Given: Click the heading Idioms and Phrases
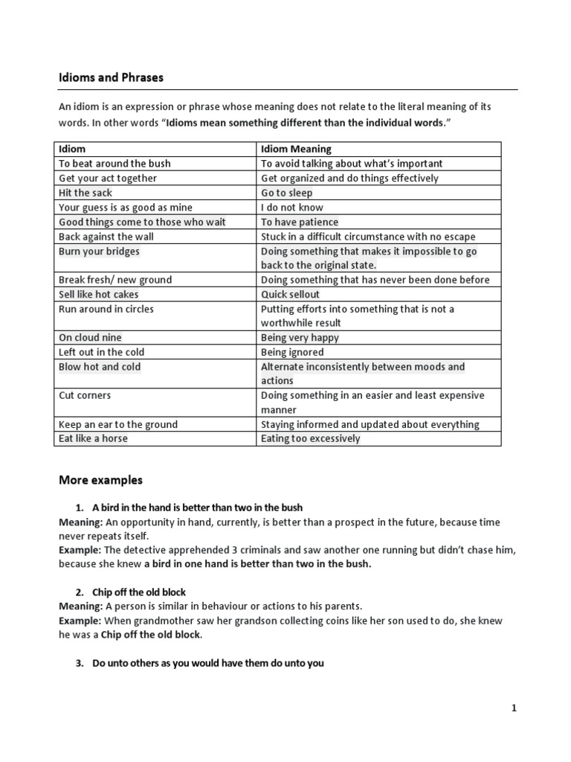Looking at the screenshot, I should coord(111,77).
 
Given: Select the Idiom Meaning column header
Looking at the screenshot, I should coord(296,149).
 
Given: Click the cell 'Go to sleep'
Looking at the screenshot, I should coord(287,193).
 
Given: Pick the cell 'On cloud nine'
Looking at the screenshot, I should coord(90,337).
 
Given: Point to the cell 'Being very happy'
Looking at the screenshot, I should coord(300,337).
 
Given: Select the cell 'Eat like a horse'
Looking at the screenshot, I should coord(93,438).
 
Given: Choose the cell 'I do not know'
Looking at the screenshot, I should coord(292,208).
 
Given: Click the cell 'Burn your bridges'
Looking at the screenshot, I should coord(99,252).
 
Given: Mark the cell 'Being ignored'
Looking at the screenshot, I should coord(292,352).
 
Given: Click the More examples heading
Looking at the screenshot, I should coord(100,479).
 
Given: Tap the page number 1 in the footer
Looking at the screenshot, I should coord(513,708).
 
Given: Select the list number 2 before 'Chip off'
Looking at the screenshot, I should coord(80,592).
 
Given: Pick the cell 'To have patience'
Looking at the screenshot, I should coord(300,222).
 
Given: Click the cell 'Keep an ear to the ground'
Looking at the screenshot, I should coord(118,424).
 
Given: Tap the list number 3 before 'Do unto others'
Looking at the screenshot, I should coord(80,663).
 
